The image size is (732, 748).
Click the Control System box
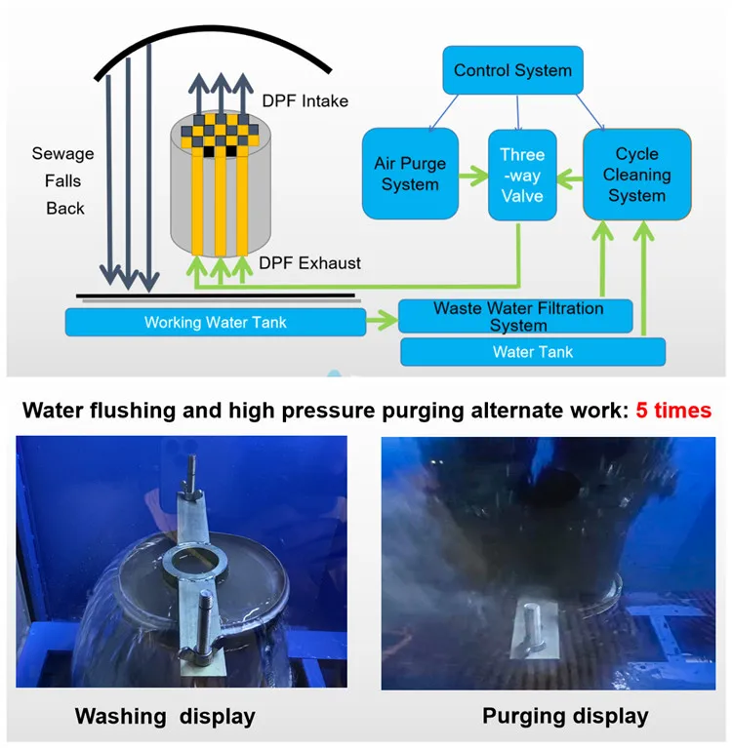512,70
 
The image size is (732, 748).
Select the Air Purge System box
410,174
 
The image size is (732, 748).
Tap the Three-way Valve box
522,176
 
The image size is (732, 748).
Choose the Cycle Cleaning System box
637,175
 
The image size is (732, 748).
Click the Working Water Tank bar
216,322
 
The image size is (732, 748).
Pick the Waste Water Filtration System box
515,316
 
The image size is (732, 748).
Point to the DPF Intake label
305,100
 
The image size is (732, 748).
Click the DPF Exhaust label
309,263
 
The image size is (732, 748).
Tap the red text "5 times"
673,411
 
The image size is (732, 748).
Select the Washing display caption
165,717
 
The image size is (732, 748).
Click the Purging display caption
565,716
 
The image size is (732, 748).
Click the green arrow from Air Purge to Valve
473,176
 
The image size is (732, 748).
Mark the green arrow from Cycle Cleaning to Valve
570,179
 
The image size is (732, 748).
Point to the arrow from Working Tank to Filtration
382,320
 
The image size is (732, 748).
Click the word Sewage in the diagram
62,154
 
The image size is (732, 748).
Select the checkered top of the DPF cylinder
221,132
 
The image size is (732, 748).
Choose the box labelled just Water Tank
533,352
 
